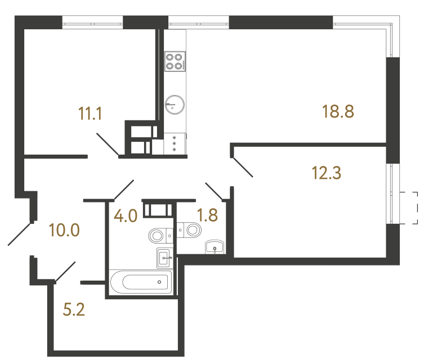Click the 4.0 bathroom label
tap(126, 216)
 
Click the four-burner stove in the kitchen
tap(175, 61)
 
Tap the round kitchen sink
tap(175, 103)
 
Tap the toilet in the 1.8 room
tap(190, 229)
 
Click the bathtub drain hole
tap(159, 281)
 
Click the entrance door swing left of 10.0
tap(20, 234)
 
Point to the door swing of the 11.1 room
tap(107, 144)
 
